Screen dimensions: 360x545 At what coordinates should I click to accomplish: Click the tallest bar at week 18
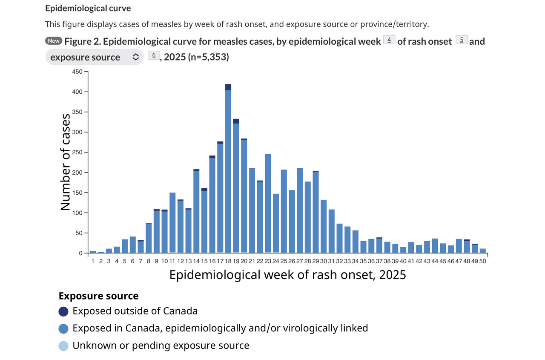point(228,170)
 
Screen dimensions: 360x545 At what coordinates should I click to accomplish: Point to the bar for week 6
point(132,245)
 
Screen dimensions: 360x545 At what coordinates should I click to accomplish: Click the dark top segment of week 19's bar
point(236,121)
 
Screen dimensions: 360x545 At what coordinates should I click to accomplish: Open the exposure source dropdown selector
point(94,57)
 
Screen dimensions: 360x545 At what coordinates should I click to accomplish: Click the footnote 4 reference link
point(389,40)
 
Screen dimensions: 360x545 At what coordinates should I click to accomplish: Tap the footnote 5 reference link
point(462,40)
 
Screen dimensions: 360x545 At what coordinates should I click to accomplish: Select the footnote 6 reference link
point(154,55)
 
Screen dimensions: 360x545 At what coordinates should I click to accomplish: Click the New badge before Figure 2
point(54,41)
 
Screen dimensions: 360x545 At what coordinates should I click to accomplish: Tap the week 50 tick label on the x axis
point(482,261)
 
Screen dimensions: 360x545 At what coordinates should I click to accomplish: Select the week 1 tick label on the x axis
point(93,261)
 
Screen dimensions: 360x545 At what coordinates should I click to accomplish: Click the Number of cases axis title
point(65,162)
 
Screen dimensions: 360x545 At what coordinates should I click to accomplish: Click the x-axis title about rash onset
point(287,275)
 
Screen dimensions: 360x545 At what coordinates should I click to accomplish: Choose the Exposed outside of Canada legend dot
point(63,311)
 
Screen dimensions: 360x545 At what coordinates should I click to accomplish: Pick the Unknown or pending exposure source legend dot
point(63,346)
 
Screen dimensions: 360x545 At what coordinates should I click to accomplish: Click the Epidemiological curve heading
point(88,9)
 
